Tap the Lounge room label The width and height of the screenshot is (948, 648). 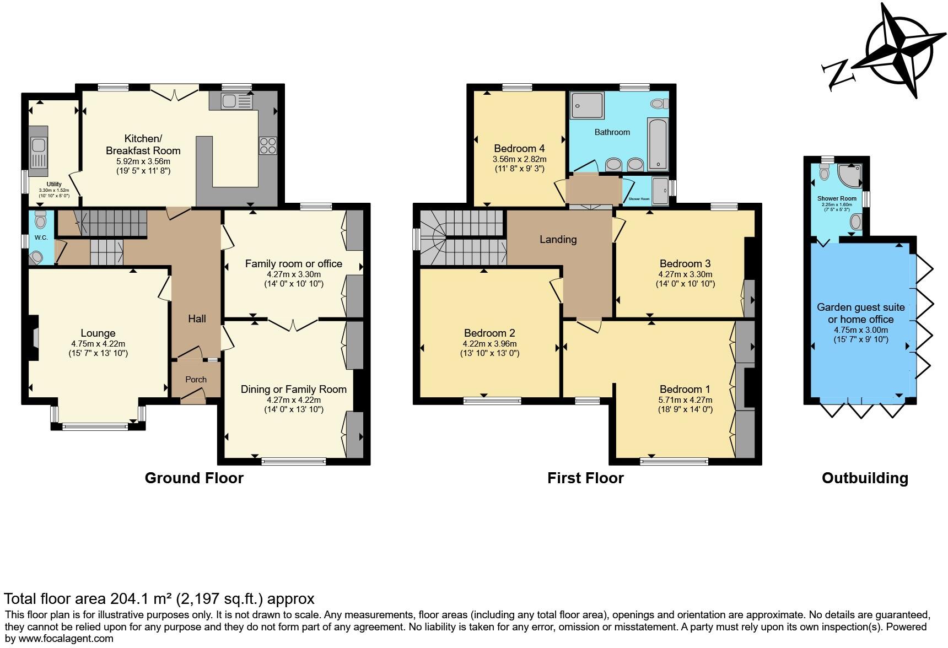(98, 333)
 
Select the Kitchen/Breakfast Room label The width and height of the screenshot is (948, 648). (143, 144)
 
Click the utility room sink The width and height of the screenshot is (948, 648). (38, 146)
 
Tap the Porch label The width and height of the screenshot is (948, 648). (196, 379)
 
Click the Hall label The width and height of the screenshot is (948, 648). (197, 318)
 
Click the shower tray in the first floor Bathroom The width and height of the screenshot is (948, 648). (587, 105)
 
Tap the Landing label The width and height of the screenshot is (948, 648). (558, 239)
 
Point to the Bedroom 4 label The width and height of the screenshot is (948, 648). (519, 148)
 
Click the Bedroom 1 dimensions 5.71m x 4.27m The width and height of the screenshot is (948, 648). (685, 400)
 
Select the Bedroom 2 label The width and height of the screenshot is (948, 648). (489, 333)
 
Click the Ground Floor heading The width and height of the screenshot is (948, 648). (194, 478)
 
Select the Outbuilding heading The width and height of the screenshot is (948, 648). (864, 478)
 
